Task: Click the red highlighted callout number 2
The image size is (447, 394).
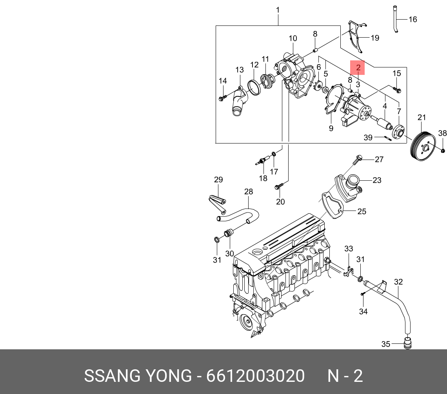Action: pos(358,67)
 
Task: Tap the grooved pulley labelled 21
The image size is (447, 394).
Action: pos(422,147)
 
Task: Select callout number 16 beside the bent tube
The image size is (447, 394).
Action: pos(412,19)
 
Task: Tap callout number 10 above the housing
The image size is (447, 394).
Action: pos(293,38)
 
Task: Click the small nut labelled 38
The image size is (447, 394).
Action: pos(443,151)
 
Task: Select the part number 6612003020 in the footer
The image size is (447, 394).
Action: pos(255,376)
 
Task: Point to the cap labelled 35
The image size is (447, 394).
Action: pos(408,343)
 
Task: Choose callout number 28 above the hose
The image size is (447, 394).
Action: pos(248,192)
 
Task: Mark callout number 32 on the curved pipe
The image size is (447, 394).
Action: pos(398,281)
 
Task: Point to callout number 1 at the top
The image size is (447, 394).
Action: pos(278,10)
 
